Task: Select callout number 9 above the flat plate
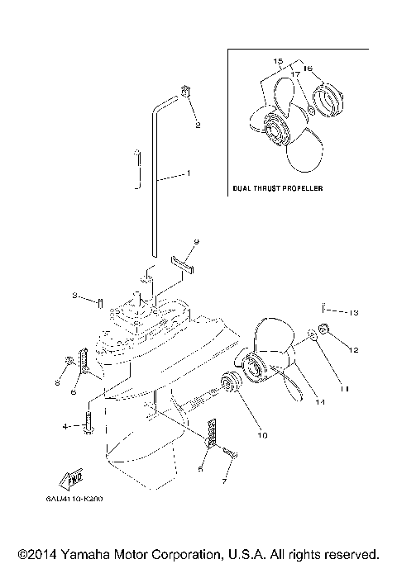click(x=196, y=242)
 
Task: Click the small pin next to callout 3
click(x=99, y=301)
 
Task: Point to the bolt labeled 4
click(x=87, y=427)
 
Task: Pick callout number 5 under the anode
click(x=200, y=469)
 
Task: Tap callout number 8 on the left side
click(x=57, y=382)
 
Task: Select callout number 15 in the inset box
click(x=278, y=61)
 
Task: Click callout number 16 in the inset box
click(x=309, y=70)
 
